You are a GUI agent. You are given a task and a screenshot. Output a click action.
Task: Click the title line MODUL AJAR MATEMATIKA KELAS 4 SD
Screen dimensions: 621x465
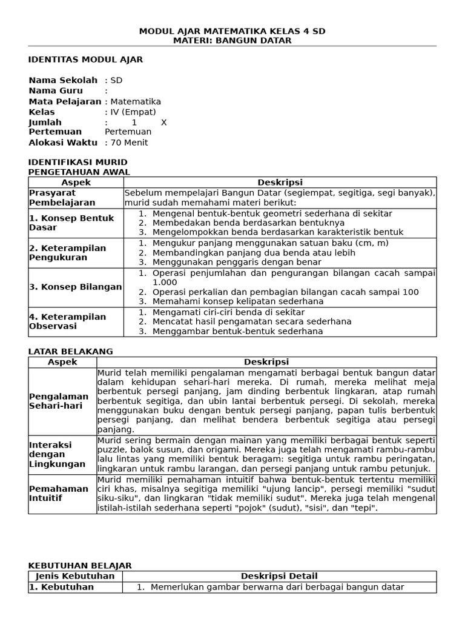click(232, 31)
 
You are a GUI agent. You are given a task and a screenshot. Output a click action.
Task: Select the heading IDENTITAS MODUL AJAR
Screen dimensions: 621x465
click(86, 59)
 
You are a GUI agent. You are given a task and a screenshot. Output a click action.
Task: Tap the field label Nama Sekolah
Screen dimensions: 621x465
click(63, 80)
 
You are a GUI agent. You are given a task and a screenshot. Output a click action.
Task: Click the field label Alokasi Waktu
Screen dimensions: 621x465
click(63, 143)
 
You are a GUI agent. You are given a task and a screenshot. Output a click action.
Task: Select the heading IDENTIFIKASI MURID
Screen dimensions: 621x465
click(79, 162)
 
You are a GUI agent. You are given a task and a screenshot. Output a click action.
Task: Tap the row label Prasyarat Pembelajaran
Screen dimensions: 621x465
click(62, 198)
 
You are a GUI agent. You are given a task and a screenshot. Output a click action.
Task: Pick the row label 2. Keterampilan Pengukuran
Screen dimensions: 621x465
click(67, 252)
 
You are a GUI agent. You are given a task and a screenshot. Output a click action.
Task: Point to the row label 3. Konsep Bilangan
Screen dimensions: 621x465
click(75, 287)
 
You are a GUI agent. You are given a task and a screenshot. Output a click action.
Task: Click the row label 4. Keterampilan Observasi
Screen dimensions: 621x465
click(67, 321)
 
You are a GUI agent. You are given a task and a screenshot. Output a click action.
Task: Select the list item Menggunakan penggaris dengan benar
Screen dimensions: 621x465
click(237, 262)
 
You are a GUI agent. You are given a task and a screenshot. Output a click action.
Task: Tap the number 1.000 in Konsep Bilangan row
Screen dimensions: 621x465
click(165, 282)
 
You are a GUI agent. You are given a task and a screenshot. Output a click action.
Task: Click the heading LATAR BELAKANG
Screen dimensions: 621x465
click(71, 351)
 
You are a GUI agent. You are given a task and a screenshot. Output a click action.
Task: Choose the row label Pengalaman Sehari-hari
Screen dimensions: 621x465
click(59, 401)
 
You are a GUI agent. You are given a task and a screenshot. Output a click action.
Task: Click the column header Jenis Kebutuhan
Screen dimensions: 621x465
click(75, 576)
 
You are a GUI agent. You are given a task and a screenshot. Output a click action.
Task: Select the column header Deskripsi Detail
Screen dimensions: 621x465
click(279, 576)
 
